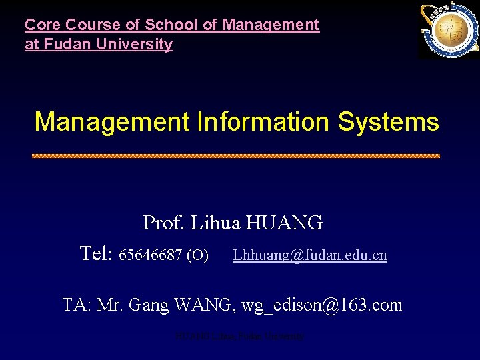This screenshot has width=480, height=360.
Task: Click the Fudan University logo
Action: coord(447,30)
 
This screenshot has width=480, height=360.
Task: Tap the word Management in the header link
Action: coord(271,25)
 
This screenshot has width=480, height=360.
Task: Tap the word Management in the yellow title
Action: coord(112,122)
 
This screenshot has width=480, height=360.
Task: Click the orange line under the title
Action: coord(236,155)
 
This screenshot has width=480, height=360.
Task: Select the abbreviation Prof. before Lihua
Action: coord(164,223)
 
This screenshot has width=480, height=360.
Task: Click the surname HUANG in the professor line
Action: coord(285,223)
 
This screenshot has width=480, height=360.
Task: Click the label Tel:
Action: coord(96,254)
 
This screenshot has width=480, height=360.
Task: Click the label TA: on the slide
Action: coord(77,305)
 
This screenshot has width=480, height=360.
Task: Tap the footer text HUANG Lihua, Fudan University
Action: coord(239,337)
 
